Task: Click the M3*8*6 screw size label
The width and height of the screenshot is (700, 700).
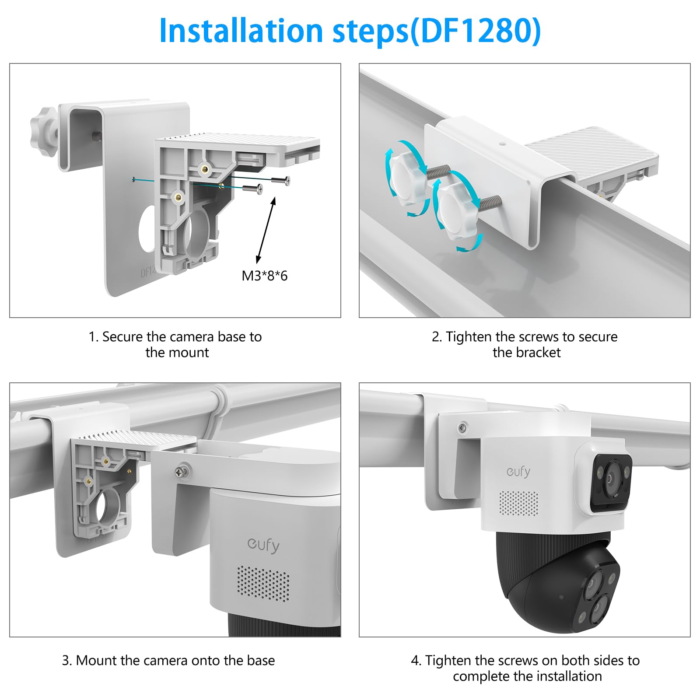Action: click(x=265, y=276)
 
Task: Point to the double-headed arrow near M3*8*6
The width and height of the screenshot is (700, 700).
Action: click(x=266, y=230)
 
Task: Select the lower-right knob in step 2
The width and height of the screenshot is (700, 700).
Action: click(x=458, y=212)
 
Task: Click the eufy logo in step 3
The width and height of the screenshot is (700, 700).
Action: click(x=263, y=545)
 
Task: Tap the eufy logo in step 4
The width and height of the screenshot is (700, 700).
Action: click(x=518, y=471)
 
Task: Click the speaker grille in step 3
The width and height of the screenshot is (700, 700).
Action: click(x=263, y=583)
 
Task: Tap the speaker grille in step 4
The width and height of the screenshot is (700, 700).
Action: click(x=519, y=503)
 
